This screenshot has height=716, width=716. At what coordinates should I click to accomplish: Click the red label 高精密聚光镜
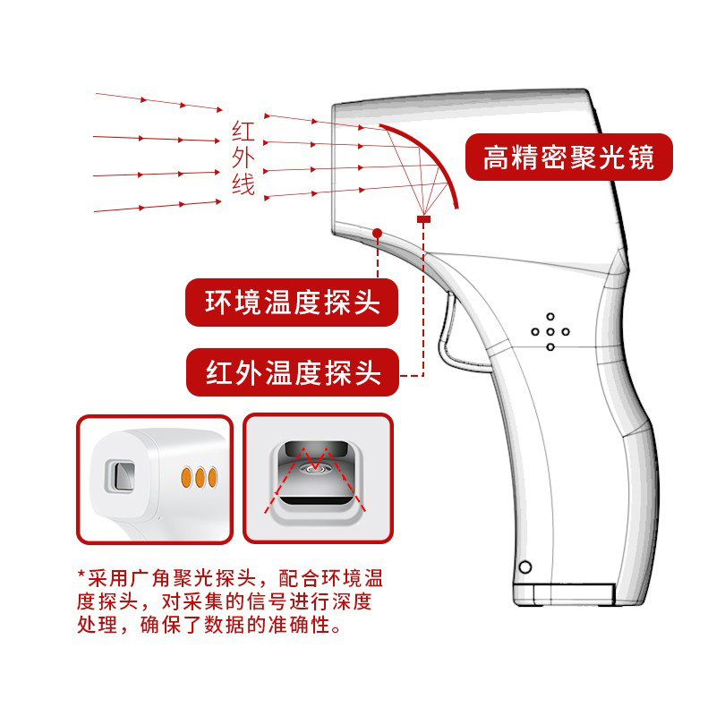pos(569,158)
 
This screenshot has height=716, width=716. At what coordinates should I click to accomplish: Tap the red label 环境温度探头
pos(292,303)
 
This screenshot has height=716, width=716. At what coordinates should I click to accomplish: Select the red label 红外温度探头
pos(293,372)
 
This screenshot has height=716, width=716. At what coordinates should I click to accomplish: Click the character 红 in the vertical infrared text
pos(243,131)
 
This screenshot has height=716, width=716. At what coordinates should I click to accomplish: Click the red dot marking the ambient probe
pos(377,234)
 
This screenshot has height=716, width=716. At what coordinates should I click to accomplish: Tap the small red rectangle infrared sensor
pos(423,219)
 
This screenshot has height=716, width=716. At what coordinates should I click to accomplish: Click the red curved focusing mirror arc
pos(431,154)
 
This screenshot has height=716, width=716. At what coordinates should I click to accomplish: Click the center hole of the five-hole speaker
pos(550,332)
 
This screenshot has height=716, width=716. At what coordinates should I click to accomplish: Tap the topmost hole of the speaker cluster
pos(550,317)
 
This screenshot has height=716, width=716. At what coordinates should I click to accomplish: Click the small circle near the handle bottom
pos(525,567)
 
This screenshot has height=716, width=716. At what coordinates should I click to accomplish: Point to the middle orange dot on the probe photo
pos(200,478)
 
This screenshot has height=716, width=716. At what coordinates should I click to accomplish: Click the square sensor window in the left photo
pos(120,476)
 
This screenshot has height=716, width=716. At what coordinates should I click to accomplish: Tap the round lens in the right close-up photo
pos(315,467)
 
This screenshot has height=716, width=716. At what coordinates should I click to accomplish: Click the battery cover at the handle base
pos(564,594)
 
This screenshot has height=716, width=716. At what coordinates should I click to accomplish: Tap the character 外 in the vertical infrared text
pos(243,158)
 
